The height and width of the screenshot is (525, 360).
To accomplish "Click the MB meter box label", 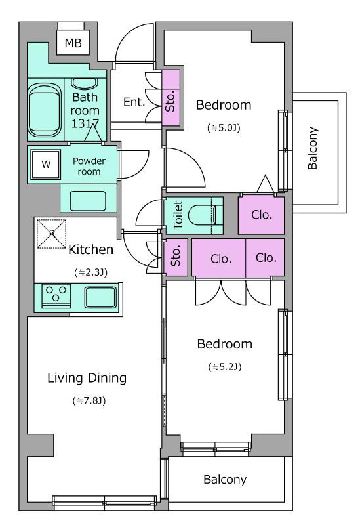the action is click(73, 43).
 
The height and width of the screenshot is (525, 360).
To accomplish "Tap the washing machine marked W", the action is click(46, 164).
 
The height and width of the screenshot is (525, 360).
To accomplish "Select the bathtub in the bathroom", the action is click(45, 110).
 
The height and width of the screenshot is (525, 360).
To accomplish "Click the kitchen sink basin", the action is click(100, 297).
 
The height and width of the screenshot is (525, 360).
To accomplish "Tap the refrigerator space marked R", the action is click(51, 234).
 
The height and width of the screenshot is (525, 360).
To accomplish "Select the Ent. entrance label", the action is click(134, 102).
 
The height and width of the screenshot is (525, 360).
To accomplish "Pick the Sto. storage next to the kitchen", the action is click(176, 257).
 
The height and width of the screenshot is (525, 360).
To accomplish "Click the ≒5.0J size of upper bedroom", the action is click(224, 127).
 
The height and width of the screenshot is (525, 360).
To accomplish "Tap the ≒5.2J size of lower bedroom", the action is click(224, 367).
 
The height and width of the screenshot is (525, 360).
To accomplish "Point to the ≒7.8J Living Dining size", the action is click(89, 400).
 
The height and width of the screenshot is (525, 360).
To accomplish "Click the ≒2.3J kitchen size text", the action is click(90, 272).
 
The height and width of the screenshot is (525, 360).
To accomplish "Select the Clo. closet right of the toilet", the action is click(261, 215).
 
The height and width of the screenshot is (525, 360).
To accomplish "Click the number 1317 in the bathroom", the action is click(85, 123).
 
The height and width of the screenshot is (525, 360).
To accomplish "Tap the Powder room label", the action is click(89, 166).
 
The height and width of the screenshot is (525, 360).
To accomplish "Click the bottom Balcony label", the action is click(225, 480).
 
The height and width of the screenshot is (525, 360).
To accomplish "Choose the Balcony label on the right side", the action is click(313, 148).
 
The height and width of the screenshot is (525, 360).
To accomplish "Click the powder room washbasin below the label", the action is click(88, 201).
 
